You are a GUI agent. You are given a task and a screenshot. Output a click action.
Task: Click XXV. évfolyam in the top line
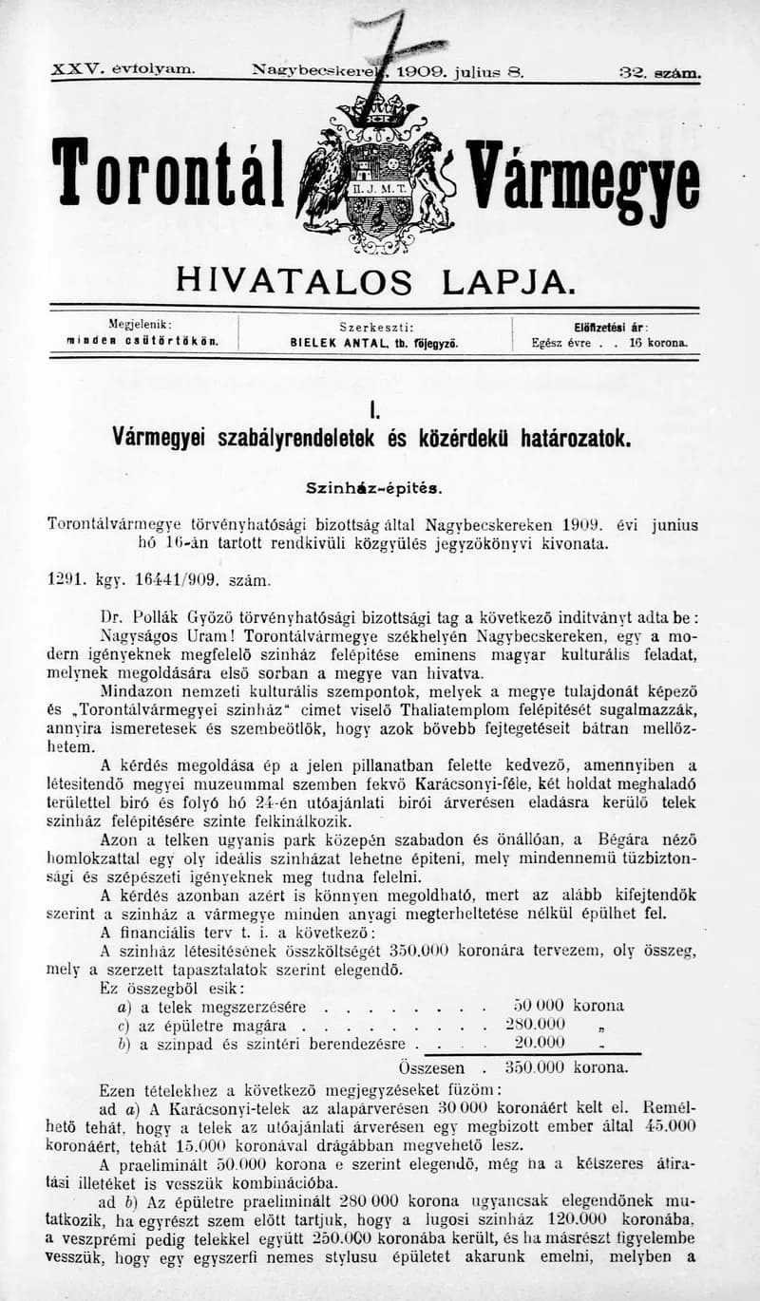coord(123,70)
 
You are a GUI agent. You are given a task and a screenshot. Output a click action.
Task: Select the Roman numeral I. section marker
coord(376,411)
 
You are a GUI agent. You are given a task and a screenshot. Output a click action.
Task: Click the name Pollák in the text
coord(160,614)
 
